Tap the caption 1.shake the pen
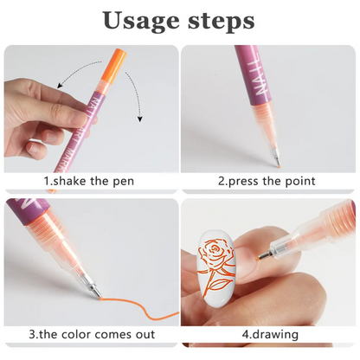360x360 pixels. [90, 181]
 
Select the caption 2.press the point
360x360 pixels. [266, 181]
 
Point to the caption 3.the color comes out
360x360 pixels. [90, 333]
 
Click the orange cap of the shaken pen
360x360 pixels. [116, 62]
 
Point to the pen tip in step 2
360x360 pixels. [277, 162]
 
